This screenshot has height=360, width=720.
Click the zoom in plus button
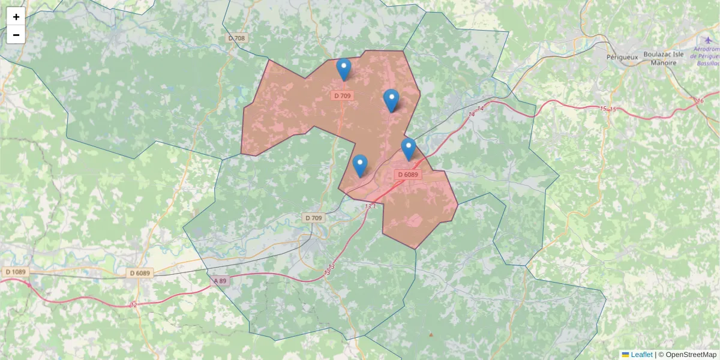(16, 17)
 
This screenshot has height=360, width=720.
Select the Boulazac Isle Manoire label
(663, 58)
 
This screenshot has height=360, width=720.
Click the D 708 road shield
(237, 38)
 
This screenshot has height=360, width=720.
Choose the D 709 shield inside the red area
(343, 95)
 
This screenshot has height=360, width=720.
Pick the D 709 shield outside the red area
(313, 218)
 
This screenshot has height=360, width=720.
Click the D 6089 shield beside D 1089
(140, 273)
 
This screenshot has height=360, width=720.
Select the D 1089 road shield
(16, 272)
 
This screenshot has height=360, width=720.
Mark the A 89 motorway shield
(221, 280)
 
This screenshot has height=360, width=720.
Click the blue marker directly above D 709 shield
(344, 68)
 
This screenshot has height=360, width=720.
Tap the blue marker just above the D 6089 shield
(409, 148)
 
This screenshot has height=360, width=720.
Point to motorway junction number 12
(133, 305)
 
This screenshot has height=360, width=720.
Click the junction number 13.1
(370, 206)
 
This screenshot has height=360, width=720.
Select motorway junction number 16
(700, 101)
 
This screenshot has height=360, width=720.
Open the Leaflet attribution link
(641, 355)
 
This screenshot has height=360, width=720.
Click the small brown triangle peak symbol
(431, 334)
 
